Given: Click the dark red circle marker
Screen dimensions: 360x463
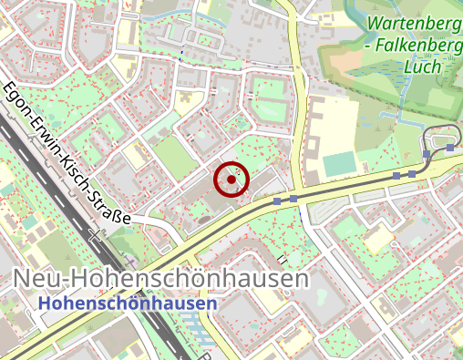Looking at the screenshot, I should tap(231, 180).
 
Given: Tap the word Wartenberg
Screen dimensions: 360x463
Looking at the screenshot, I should tap(415, 25).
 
